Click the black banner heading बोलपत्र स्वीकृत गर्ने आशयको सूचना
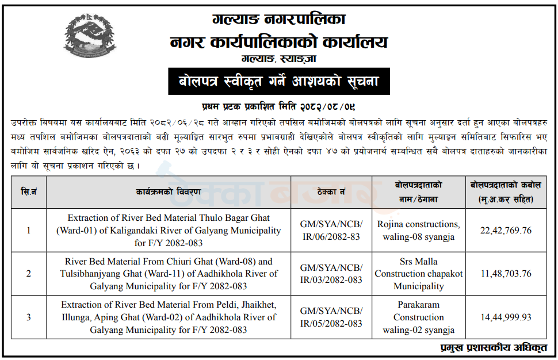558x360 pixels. point(279,82)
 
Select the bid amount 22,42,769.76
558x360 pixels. point(506,231)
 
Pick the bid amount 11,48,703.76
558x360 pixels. point(506,274)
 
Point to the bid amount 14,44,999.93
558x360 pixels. point(506,317)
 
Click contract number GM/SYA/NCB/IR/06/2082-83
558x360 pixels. point(331,231)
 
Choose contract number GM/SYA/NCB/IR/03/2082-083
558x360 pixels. point(331,274)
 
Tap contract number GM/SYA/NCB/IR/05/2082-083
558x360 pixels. point(331,317)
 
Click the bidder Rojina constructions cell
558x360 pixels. point(419,231)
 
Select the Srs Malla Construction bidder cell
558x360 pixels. point(419,274)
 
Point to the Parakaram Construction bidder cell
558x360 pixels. point(419,317)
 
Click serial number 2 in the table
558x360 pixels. point(29,274)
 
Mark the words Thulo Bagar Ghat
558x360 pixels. point(231,218)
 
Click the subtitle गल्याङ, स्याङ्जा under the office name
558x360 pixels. point(279,59)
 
